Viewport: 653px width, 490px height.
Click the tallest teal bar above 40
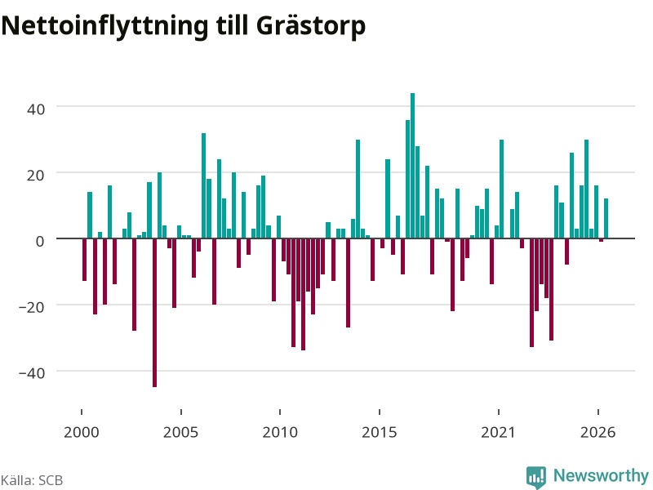(x=412, y=166)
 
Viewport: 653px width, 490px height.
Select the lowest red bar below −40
(x=154, y=313)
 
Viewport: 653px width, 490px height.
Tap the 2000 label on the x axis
(x=81, y=432)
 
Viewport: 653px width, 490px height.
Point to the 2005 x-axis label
(x=180, y=432)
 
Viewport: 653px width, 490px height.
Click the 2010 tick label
(x=280, y=432)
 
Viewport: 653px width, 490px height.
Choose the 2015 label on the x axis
(x=380, y=432)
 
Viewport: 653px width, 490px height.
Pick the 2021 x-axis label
(x=499, y=432)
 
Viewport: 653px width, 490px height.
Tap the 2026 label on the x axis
(x=597, y=432)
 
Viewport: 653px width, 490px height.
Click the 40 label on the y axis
(x=35, y=109)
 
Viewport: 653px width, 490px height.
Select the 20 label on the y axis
(x=35, y=175)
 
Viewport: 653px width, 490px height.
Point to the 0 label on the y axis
(x=40, y=241)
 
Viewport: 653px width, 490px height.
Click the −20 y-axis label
(x=32, y=307)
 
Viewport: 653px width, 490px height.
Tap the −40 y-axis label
(x=32, y=373)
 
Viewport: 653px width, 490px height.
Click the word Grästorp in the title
(x=311, y=26)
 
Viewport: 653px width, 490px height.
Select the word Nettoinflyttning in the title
(x=104, y=26)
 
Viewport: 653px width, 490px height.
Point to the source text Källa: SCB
(x=32, y=480)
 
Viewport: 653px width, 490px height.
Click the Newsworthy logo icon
(x=536, y=477)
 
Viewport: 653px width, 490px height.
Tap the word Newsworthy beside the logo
(x=601, y=475)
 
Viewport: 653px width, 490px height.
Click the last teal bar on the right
(x=606, y=218)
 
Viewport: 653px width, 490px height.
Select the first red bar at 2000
(x=85, y=260)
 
